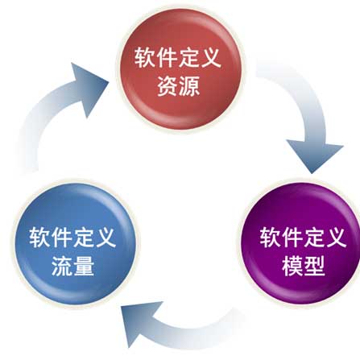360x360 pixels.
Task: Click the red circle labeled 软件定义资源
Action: point(180,69)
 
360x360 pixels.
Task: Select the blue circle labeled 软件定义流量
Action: point(75,243)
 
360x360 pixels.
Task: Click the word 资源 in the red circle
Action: point(179,86)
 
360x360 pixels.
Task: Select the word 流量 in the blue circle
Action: point(72,266)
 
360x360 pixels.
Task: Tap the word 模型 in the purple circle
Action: point(304,266)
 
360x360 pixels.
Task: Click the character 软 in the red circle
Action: point(145,57)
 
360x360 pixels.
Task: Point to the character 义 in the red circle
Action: point(211,57)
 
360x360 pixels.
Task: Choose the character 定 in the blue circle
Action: point(84,237)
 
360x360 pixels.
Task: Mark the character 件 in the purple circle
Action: point(292,237)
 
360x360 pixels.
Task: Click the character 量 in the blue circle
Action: point(84,266)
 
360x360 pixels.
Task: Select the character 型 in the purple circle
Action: point(315,266)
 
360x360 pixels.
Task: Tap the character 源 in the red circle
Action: point(190,86)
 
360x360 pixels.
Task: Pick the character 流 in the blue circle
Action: point(62,266)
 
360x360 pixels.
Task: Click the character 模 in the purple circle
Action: point(292,266)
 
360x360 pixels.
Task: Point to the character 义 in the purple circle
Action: point(337,237)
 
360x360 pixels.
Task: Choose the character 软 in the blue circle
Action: point(39,237)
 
